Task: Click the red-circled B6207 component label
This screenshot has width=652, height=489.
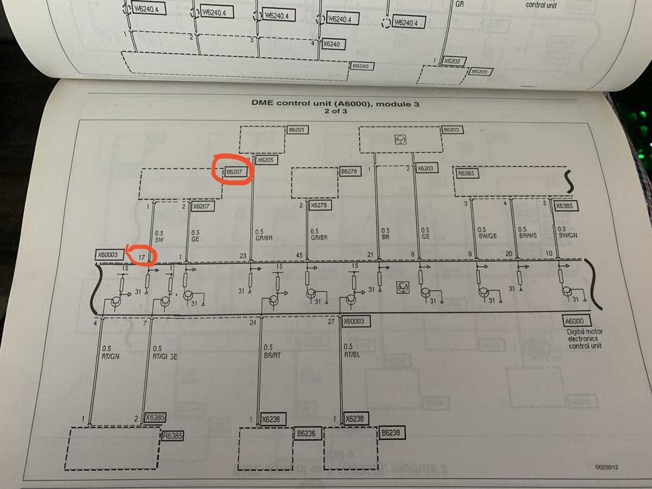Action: (234, 172)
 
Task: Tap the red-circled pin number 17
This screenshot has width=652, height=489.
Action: (142, 256)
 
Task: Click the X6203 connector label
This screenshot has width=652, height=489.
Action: (425, 168)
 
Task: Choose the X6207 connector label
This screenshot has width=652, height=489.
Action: (202, 206)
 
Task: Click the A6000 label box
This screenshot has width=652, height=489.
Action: (577, 321)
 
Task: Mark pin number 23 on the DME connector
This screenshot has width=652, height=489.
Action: (243, 255)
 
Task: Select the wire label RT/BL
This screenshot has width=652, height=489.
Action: (352, 355)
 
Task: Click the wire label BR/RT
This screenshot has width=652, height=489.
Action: (272, 355)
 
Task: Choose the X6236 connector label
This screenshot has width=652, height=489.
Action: (271, 419)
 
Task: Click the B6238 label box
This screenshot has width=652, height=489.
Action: (390, 433)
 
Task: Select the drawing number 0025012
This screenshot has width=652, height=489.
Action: (606, 467)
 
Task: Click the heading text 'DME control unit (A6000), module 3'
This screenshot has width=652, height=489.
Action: (335, 103)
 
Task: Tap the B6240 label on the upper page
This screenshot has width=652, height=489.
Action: (360, 66)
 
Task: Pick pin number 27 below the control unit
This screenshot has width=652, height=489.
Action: (331, 322)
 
